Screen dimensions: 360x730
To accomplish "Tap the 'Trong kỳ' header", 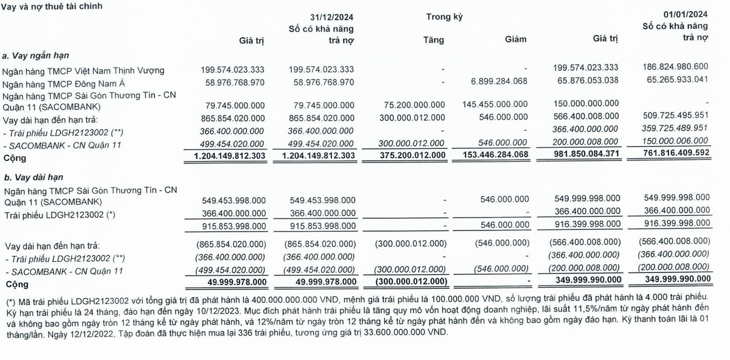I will click(x=444, y=16).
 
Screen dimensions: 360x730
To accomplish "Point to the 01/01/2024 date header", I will click(x=686, y=14).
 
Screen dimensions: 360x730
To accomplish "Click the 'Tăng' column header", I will click(x=434, y=40).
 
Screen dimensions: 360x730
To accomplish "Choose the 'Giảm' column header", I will click(x=515, y=40).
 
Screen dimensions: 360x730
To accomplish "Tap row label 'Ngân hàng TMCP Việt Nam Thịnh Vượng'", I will click(x=83, y=71).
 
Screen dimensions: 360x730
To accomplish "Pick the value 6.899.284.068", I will click(x=491, y=81).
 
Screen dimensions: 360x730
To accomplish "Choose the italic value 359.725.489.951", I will click(x=672, y=128).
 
